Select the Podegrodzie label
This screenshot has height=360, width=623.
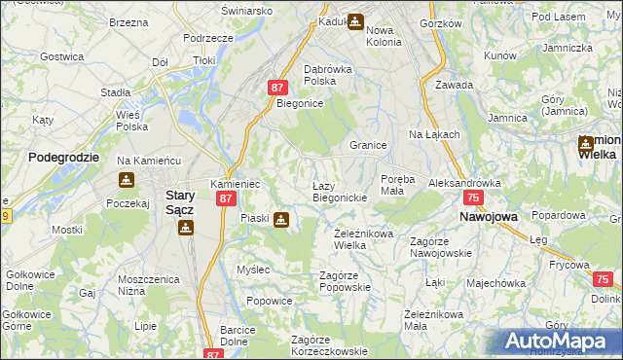point(59,156)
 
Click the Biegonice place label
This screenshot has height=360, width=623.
point(298,102)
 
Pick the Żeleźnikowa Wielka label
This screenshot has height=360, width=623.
point(363,238)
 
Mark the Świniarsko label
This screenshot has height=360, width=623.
point(246,10)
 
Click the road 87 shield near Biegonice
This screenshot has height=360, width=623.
point(277,88)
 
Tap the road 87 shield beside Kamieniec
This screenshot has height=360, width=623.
point(226,198)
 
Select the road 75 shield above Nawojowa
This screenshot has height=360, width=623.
point(473,198)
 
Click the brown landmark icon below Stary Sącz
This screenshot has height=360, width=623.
point(185,228)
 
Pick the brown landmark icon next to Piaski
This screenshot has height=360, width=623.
point(281,220)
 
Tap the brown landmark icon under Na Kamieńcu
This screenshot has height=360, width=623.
point(127,180)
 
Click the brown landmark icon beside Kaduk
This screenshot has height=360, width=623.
point(355,19)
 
